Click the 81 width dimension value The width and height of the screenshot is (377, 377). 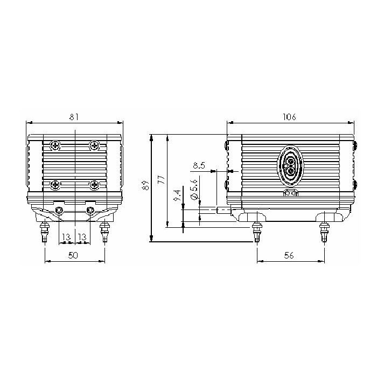(x=74, y=117)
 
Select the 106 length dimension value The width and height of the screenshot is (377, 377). (x=290, y=117)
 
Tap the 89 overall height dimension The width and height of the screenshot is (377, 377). (x=146, y=185)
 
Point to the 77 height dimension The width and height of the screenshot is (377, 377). (x=162, y=180)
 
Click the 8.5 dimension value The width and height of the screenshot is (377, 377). (x=199, y=166)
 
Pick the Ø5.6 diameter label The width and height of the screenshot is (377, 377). (x=194, y=189)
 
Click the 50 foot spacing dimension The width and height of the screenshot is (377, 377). (x=73, y=255)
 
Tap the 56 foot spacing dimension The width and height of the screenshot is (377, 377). (x=289, y=255)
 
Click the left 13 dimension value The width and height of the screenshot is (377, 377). (x=66, y=237)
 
